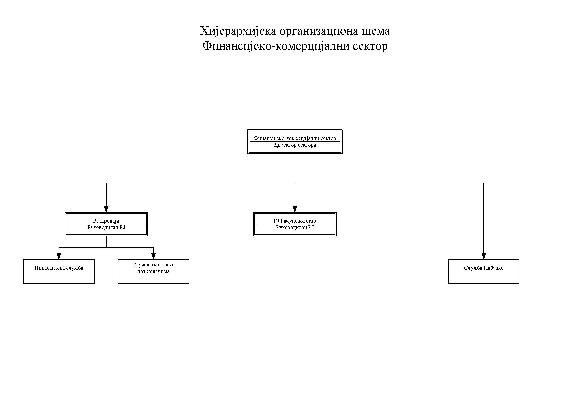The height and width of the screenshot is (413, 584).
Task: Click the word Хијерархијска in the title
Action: (238, 31)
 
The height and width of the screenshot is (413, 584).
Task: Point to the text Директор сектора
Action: (295, 145)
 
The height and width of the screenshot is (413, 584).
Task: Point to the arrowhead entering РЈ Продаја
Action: (106, 209)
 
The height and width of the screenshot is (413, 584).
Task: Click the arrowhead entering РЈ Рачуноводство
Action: (295, 209)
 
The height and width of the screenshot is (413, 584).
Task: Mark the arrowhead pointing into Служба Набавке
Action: (484, 256)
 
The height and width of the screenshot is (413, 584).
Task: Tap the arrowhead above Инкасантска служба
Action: (59, 256)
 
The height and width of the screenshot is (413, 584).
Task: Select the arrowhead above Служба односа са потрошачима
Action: (153, 256)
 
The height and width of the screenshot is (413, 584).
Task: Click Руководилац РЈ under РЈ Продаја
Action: (106, 228)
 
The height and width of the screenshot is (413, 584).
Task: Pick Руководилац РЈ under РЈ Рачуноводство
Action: (295, 228)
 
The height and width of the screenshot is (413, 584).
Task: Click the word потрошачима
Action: (153, 271)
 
